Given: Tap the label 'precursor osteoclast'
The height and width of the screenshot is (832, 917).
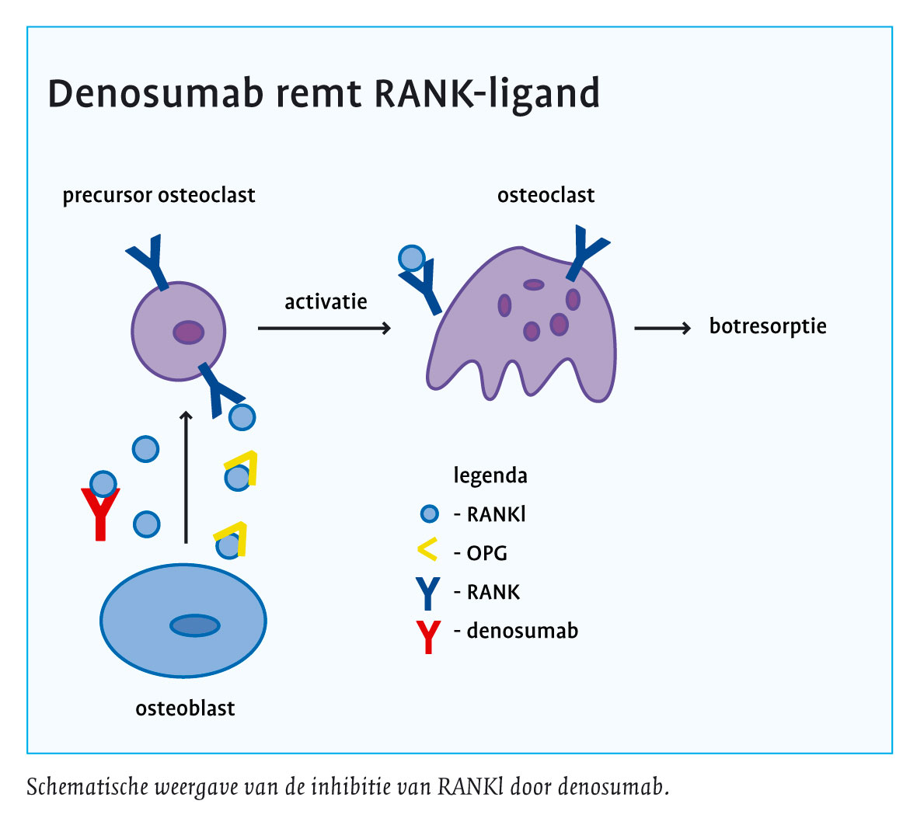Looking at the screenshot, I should [x=159, y=195].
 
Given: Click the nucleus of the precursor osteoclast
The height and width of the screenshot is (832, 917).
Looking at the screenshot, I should [x=188, y=332].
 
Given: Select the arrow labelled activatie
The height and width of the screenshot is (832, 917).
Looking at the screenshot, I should [x=323, y=329].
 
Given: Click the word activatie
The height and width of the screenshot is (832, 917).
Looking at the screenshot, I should [x=326, y=301].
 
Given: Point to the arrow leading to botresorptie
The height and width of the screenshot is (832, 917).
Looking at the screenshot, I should [x=662, y=329].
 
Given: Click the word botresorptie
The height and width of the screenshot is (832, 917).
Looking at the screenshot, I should [x=768, y=326].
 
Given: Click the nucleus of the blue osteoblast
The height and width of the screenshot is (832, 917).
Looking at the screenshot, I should [x=195, y=625].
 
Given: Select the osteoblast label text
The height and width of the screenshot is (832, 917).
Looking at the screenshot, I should [x=185, y=708].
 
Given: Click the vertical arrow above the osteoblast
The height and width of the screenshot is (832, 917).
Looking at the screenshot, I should [x=186, y=477].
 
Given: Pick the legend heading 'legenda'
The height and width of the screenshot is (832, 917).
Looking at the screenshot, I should [x=490, y=475].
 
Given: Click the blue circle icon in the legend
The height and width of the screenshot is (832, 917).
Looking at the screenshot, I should [x=429, y=513].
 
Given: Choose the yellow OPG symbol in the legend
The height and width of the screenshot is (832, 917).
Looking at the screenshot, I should [x=428, y=550].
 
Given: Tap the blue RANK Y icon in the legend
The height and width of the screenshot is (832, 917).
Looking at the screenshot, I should [x=428, y=593].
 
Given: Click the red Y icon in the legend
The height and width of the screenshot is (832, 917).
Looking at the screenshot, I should [x=428, y=636].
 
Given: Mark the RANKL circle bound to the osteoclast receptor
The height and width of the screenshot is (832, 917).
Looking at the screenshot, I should [x=411, y=257].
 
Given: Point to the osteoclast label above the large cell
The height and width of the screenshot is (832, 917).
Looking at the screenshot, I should [x=546, y=195].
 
